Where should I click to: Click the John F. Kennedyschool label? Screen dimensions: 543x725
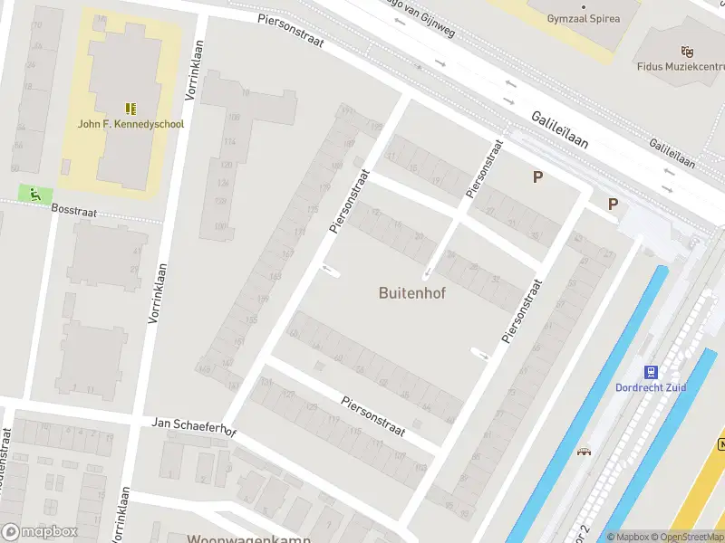coord(130,124)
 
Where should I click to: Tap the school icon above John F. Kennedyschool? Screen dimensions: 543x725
coord(130,108)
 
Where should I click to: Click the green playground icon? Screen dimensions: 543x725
coord(34,193)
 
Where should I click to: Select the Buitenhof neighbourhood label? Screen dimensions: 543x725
coord(412,293)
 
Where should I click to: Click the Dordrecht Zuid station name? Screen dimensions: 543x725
coord(652,388)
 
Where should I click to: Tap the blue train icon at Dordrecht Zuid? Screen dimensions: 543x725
coord(651,372)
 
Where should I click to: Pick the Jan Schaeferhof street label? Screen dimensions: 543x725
coord(193,426)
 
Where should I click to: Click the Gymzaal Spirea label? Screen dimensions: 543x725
coord(585,17)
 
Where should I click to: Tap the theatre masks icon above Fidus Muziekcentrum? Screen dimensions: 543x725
coord(687,52)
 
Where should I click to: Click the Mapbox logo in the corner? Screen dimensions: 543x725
coord(41,532)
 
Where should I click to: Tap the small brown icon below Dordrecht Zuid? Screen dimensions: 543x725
coord(585,451)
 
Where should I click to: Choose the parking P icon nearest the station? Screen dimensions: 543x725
coord(614,205)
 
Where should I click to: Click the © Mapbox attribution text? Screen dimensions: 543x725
coord(627,537)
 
